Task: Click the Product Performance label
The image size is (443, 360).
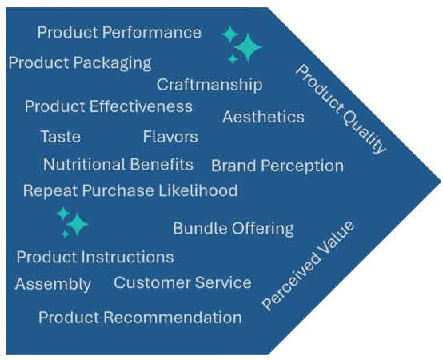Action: pyautogui.click(x=119, y=32)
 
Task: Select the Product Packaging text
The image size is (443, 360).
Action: pyautogui.click(x=80, y=63)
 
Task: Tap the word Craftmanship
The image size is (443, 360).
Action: pyautogui.click(x=210, y=85)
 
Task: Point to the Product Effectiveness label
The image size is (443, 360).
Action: pyautogui.click(x=109, y=106)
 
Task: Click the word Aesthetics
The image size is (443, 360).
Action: pyautogui.click(x=263, y=117)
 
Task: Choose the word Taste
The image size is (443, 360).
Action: pyautogui.click(x=61, y=137)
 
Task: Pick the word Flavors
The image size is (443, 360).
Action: pyautogui.click(x=170, y=137)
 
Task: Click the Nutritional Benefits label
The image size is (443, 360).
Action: pyautogui.click(x=118, y=165)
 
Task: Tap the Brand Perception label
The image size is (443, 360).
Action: pyautogui.click(x=277, y=166)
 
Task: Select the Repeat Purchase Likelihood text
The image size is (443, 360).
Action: pyautogui.click(x=130, y=190)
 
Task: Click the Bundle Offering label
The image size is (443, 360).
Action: pyautogui.click(x=233, y=229)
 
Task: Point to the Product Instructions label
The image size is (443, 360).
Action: pyautogui.click(x=95, y=257)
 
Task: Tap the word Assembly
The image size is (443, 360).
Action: pyautogui.click(x=53, y=284)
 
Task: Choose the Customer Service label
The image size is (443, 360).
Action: pyautogui.click(x=182, y=282)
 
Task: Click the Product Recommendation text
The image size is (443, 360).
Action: pyautogui.click(x=140, y=318)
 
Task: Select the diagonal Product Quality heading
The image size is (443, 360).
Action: pyautogui.click(x=341, y=109)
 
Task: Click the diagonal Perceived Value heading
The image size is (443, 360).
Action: pyautogui.click(x=308, y=266)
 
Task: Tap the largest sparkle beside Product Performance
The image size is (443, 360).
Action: pyautogui.click(x=248, y=47)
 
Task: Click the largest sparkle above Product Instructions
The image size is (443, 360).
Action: pyautogui.click(x=77, y=224)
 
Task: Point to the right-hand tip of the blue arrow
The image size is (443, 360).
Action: pyautogui.click(x=441, y=181)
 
